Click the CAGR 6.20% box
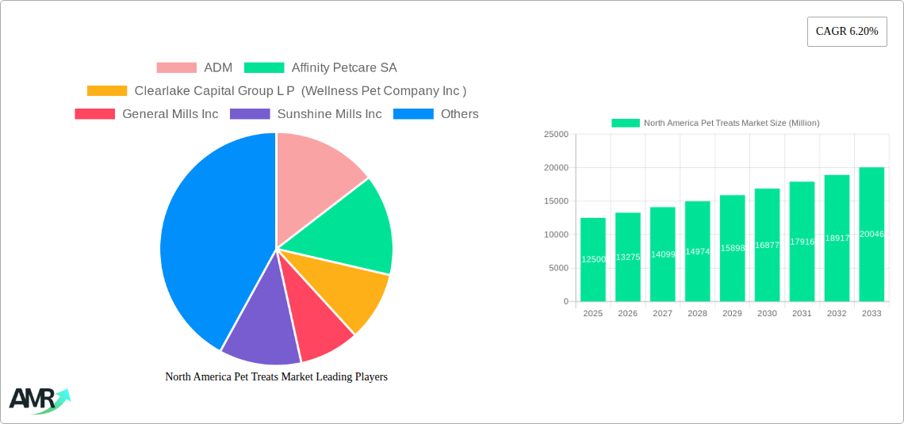(846, 31)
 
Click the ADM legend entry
(194, 67)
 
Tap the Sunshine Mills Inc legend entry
(306, 114)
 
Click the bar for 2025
(592, 260)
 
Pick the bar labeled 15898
(732, 248)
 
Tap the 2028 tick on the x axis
(697, 313)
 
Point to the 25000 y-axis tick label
(556, 135)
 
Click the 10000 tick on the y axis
(556, 235)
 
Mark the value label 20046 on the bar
(871, 234)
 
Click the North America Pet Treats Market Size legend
(715, 123)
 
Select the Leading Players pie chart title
(276, 376)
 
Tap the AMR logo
(38, 399)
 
